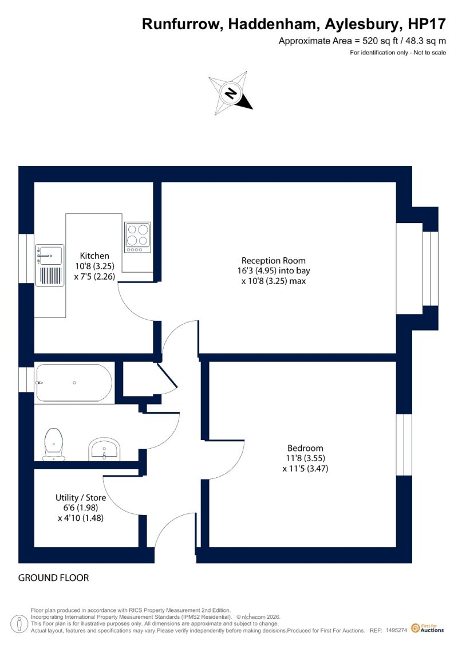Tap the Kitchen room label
coord(94,256)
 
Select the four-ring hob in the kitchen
coord(137,237)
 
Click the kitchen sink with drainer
coord(50,265)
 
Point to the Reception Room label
coord(274,261)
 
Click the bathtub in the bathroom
coord(74,383)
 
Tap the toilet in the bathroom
coord(54,444)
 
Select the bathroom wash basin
coord(104,450)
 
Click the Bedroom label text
coord(305,448)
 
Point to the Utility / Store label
coord(81,497)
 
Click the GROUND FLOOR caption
coord(54,578)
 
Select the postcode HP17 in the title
coord(427,24)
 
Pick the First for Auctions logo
coord(428,629)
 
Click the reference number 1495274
coord(397,630)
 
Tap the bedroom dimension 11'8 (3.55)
coord(305,458)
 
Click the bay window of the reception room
coord(430,268)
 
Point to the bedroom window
coord(404,445)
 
